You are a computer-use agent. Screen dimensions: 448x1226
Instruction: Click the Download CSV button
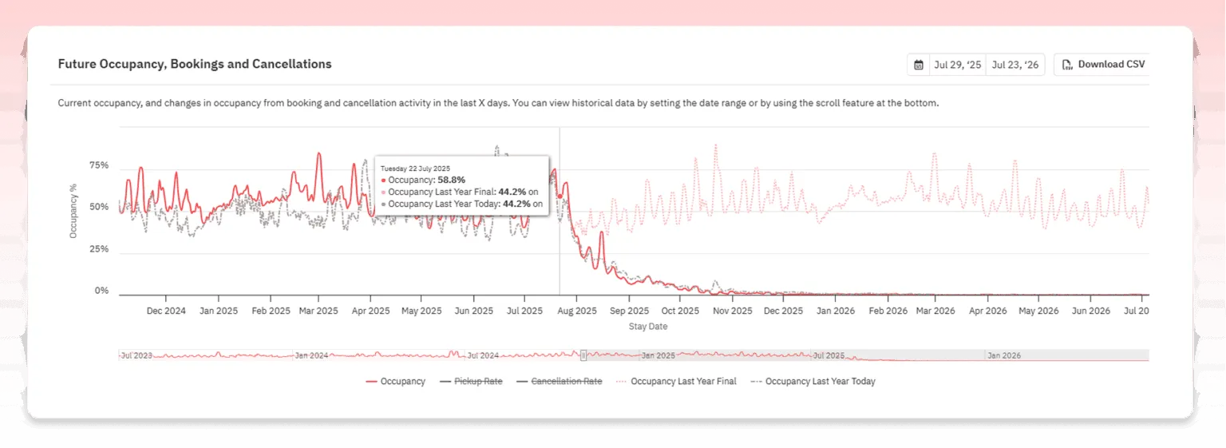[1103, 65]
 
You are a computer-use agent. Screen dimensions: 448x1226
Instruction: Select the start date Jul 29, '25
[957, 65]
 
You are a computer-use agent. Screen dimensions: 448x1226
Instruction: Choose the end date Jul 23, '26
[1015, 65]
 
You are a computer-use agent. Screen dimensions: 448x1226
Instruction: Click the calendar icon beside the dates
[919, 65]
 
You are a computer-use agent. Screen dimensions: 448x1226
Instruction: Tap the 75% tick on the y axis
[99, 166]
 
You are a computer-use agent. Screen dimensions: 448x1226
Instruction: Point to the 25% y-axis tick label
[99, 249]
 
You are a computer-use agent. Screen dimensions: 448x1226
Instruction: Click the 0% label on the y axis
[101, 291]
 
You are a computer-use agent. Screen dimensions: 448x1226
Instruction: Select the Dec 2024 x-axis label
[166, 311]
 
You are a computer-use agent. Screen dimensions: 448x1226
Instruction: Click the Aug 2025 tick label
[575, 311]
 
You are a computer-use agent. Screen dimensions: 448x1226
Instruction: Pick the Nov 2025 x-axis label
[731, 311]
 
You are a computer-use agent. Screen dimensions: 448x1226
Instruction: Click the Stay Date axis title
[648, 327]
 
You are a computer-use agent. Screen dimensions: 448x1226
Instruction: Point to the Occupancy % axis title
[73, 211]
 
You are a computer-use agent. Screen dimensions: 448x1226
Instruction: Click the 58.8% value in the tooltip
[451, 180]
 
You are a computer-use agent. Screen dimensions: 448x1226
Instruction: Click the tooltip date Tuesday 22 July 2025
[417, 168]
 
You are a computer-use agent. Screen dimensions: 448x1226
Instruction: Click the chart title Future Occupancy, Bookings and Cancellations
[195, 64]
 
